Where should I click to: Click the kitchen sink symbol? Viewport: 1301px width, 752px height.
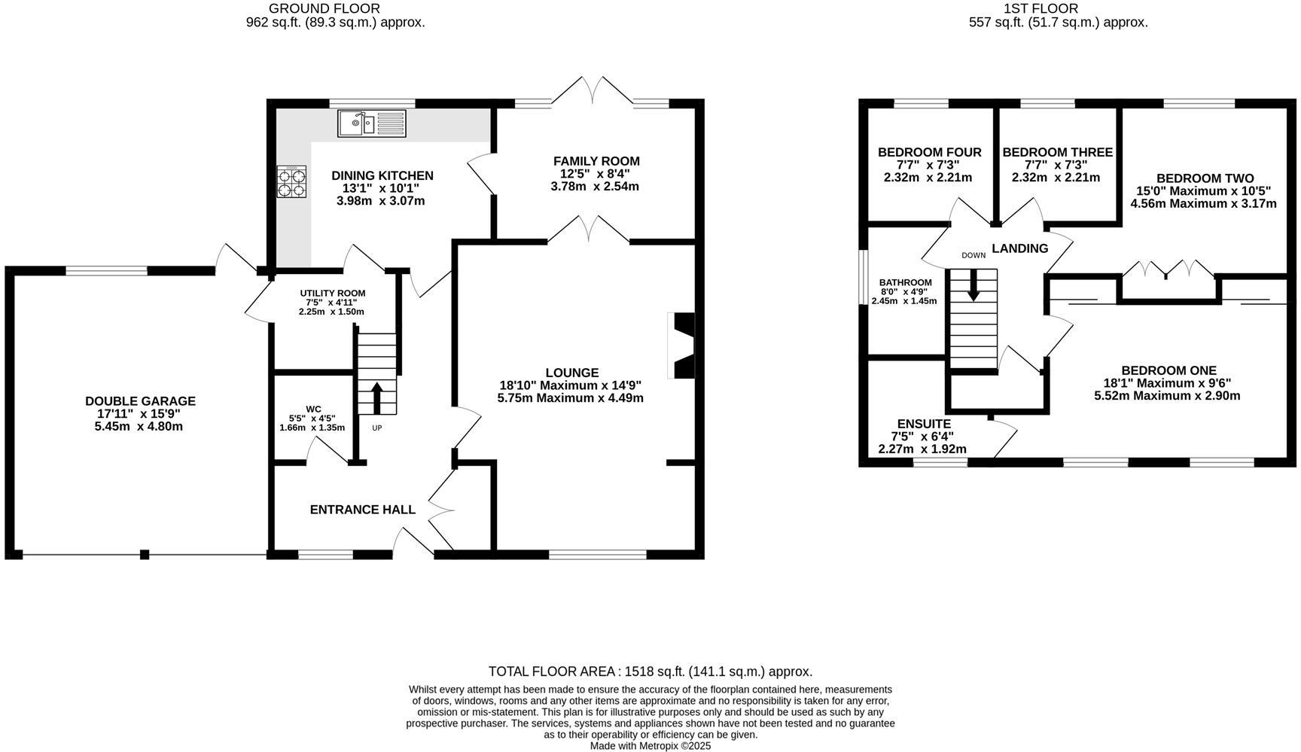371,123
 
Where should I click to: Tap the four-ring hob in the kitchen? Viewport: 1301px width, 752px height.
292,181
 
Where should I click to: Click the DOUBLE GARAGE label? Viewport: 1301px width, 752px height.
140,401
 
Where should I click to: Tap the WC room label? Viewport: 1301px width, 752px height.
313,409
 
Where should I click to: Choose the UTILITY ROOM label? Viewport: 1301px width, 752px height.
332,294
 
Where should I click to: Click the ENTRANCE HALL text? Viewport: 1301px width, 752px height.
362,510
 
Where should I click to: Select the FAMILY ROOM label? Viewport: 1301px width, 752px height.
596,161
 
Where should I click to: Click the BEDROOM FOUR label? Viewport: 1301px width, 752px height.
929,153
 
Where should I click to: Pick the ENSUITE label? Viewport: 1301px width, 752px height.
924,424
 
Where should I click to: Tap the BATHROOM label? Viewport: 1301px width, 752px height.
905,282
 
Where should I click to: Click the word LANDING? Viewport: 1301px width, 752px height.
1019,248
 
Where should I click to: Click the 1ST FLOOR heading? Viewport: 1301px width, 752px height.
1050,8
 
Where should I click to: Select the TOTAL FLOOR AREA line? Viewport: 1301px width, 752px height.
650,671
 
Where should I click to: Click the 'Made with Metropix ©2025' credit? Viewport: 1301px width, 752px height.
650,746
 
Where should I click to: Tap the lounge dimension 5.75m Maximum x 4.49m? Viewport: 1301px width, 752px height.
570,397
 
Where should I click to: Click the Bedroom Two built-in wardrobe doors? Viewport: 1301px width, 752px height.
1168,269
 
